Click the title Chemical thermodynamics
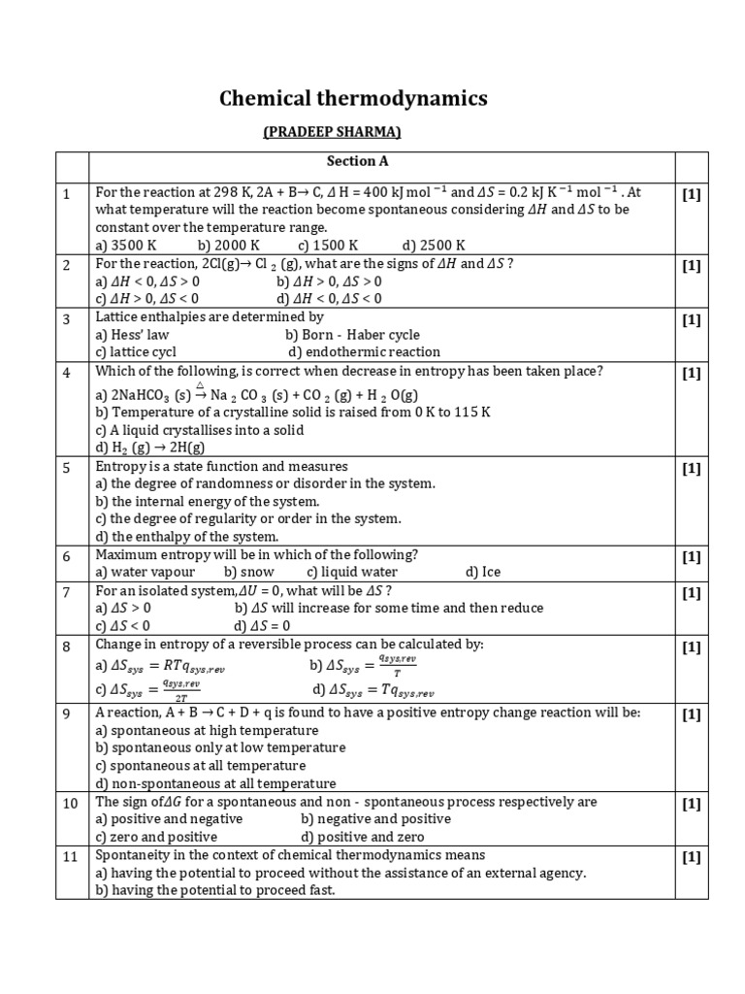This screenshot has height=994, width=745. coord(353,99)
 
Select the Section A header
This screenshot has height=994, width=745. coord(357,161)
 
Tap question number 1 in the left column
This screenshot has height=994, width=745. coord(67,194)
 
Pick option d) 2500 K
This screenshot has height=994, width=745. coord(433,245)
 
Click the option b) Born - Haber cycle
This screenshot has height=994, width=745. coord(360,335)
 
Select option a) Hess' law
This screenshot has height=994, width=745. coord(132,335)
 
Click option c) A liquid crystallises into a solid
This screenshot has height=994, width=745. coord(199,430)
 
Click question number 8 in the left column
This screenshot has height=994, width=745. coord(67,646)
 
